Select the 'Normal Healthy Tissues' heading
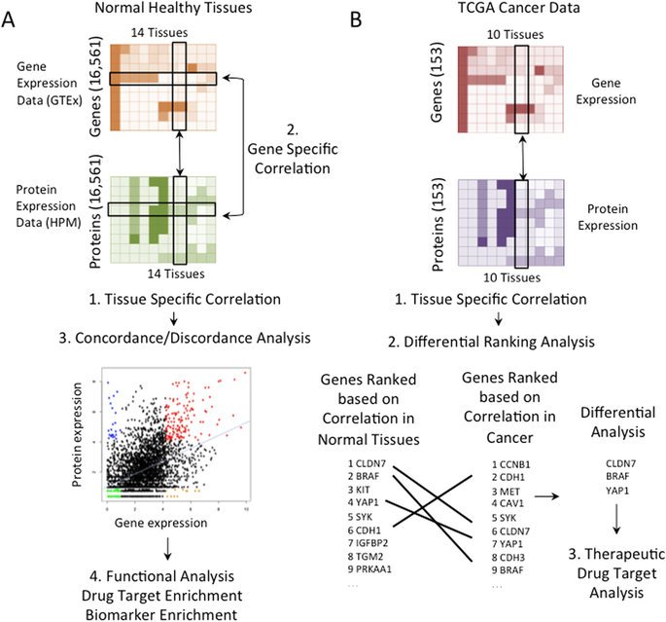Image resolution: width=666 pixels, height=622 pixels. pyautogui.click(x=163, y=9)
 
